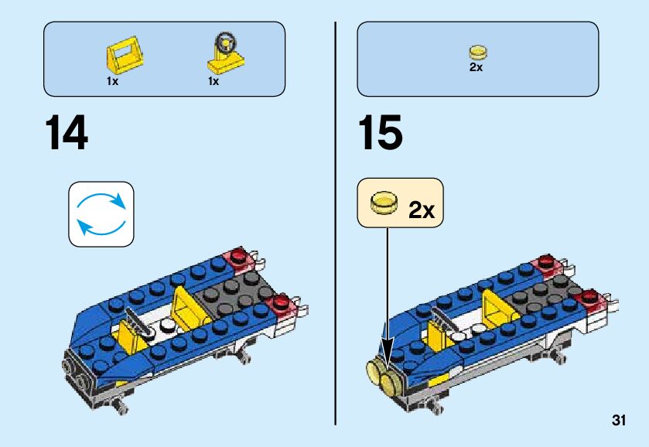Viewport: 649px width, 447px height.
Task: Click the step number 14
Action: click(67, 134)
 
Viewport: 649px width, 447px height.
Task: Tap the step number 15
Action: click(379, 134)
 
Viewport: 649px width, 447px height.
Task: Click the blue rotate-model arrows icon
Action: click(101, 214)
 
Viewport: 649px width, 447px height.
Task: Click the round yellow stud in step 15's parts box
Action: click(477, 53)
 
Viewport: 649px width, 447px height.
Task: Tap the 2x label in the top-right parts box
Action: click(477, 67)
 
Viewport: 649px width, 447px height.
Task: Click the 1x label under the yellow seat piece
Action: click(113, 81)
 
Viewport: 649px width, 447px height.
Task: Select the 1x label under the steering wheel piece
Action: click(213, 81)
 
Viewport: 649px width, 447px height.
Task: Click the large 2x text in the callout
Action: click(422, 210)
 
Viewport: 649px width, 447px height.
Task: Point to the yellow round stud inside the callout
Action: click(383, 203)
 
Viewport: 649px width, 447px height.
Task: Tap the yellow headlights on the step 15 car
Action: click(383, 378)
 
